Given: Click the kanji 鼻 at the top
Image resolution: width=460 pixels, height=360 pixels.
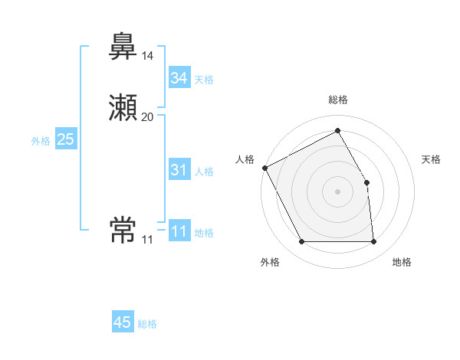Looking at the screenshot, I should point(123,47).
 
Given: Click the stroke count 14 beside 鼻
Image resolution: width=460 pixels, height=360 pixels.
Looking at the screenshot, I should point(147,56).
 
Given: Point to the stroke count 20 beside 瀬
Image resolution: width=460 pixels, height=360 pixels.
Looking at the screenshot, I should point(147,116).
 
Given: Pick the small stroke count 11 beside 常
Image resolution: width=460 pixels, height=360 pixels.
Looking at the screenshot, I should point(147,239).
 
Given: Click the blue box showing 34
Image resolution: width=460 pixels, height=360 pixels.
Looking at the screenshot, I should point(179,78).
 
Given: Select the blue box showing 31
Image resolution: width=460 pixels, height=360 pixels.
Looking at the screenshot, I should point(179,170).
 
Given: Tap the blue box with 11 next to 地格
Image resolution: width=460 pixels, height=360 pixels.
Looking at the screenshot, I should point(179,231).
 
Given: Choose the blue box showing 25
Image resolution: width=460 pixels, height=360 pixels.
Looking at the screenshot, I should point(66,139).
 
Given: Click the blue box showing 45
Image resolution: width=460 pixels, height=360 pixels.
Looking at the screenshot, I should point(123,322).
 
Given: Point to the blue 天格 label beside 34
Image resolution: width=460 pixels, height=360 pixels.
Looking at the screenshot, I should point(204,80).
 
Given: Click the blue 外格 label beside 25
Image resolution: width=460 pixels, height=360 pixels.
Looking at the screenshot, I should point(41,141).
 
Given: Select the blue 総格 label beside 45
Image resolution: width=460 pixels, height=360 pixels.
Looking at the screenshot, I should point(147,324).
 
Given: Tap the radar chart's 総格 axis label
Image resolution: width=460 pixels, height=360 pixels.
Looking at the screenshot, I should point(338,100).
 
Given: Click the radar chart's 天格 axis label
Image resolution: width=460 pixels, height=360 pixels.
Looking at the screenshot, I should point(432,159).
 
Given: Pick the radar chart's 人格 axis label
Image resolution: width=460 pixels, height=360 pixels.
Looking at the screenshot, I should point(245,159).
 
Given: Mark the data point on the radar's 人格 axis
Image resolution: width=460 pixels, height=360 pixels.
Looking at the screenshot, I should point(264,168).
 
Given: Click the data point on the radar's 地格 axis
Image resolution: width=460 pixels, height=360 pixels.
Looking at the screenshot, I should point(373,242).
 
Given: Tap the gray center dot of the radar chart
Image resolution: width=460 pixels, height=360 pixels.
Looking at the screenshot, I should point(337,191).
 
